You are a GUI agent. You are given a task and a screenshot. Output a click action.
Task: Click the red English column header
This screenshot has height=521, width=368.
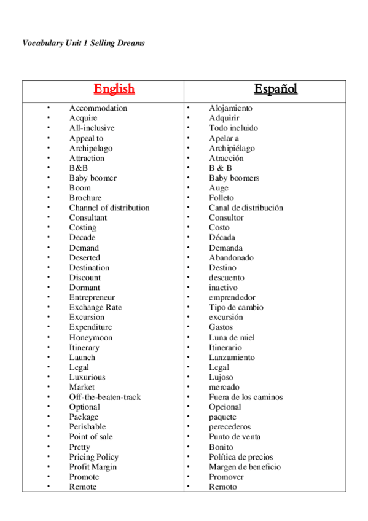114,89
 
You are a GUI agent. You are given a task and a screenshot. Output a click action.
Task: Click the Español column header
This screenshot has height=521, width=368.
276,88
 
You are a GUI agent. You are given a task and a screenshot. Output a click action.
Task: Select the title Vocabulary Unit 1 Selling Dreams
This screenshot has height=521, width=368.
84,44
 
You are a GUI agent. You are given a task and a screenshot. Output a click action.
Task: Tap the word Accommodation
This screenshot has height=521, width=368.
98,108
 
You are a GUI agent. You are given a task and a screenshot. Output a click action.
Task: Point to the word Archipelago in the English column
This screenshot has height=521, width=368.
91,148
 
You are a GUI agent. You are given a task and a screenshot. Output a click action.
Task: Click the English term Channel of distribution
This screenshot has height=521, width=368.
109,208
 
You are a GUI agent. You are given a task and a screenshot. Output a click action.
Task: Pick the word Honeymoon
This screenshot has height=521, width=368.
91,337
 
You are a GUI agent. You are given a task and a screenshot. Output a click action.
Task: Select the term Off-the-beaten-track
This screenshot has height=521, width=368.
105,397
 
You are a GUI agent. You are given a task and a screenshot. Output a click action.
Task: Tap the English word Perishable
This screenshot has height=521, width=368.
87,426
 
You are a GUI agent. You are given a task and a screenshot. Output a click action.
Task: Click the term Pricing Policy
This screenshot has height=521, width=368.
94,457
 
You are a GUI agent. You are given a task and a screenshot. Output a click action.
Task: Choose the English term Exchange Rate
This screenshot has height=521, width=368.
95,307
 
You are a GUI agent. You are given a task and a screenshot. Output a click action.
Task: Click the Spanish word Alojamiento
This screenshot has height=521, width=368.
230,108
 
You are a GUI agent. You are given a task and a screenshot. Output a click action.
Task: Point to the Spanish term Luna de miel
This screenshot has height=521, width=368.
232,337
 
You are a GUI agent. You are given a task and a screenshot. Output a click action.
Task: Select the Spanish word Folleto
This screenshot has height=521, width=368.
221,198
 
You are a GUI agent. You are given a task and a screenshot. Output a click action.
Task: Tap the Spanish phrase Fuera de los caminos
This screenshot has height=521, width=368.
246,397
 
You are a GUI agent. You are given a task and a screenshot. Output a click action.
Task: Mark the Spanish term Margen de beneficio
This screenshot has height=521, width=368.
245,467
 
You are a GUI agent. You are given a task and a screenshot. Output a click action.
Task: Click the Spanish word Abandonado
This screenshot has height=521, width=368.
231,258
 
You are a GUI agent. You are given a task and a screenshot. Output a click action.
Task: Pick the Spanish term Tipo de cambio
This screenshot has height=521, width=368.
236,307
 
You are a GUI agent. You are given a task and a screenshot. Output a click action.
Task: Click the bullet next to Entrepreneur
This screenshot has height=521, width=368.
49,297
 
